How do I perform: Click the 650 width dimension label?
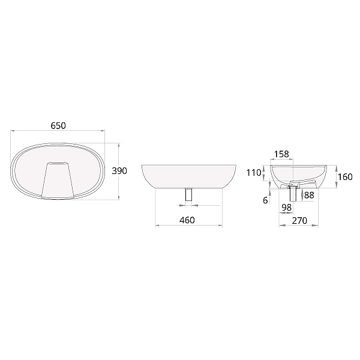point(58,125)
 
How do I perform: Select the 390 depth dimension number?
point(119,171)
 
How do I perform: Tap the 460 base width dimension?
point(187,220)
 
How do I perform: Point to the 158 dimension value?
point(282,154)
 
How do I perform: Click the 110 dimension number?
point(254,172)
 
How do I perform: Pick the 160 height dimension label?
point(346,177)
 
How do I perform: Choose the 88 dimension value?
point(309,195)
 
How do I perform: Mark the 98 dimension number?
point(287,208)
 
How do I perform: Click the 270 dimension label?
point(299,220)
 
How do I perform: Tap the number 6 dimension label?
point(265,200)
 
